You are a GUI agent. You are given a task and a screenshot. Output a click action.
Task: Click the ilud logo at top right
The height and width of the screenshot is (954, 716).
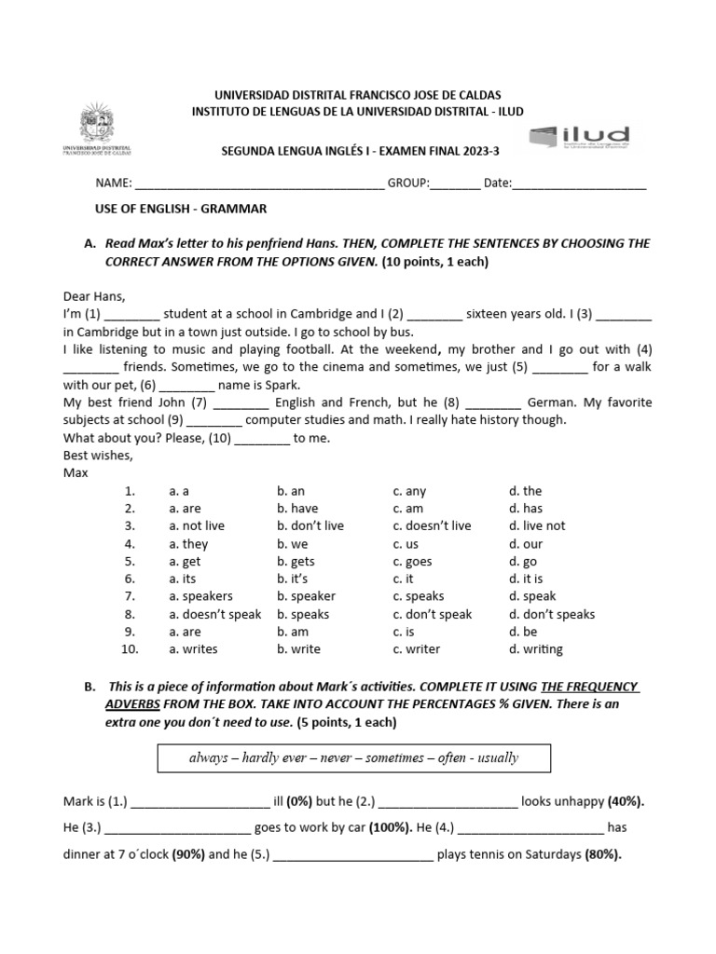click(x=580, y=139)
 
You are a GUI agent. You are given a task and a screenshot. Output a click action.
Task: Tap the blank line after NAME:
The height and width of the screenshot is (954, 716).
click(x=259, y=184)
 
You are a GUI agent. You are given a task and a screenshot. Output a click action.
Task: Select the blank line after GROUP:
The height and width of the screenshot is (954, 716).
click(x=455, y=184)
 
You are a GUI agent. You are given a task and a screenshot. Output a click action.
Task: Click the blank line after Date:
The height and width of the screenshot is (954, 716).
click(x=579, y=184)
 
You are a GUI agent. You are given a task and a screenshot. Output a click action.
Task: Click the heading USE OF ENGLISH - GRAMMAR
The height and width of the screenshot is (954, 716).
click(x=182, y=209)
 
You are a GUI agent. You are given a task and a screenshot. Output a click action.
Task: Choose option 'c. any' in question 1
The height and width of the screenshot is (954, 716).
click(x=409, y=491)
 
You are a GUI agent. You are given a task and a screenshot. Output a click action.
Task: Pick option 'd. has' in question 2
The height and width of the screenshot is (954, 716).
click(x=526, y=509)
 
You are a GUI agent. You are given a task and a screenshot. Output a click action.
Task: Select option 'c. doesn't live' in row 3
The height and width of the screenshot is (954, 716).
click(x=432, y=526)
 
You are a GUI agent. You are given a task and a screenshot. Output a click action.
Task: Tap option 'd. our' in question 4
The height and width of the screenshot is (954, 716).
click(x=526, y=544)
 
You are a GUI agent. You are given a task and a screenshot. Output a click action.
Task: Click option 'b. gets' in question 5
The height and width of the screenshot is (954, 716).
click(x=296, y=562)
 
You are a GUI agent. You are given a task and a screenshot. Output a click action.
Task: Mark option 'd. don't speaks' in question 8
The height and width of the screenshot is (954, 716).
click(x=551, y=614)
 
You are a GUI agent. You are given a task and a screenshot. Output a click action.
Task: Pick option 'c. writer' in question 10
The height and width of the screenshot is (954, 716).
click(x=416, y=649)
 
